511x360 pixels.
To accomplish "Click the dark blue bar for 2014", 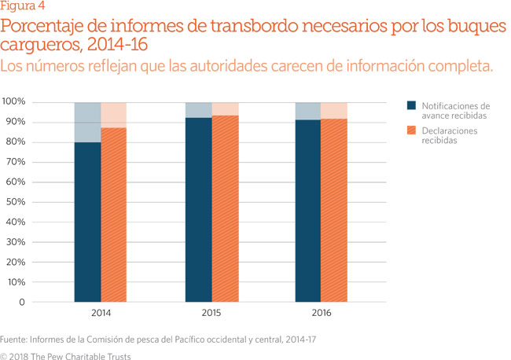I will point(88,222).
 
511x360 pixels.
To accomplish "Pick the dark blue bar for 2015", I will point(198,210).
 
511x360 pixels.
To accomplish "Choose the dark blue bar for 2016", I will point(309,211).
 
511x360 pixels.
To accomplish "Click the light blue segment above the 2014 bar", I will point(88,122).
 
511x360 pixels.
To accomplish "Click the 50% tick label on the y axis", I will point(15,202).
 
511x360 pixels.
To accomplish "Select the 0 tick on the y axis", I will point(22,303).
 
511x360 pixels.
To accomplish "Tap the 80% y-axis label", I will point(15,142).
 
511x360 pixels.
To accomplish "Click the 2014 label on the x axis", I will point(101,314).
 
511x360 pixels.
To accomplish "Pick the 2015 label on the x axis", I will point(211,314).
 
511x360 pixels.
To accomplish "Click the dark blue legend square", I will point(411,105).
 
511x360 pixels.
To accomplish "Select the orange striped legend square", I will point(411,130).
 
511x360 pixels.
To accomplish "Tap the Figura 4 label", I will point(24,7).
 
